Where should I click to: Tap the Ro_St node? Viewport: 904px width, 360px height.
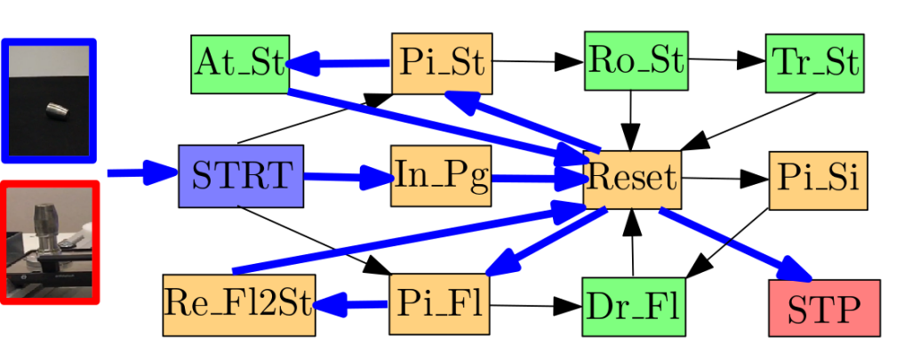[x=635, y=60]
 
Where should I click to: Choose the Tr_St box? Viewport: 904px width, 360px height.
[x=814, y=63]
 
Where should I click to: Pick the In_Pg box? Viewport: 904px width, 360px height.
[x=442, y=176]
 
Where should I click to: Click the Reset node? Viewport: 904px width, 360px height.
[x=632, y=179]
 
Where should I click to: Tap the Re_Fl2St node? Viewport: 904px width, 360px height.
[x=239, y=305]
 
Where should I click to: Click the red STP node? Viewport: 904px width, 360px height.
[x=823, y=308]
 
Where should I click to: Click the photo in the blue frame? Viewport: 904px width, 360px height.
[x=49, y=100]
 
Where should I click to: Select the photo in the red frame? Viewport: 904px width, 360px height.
[x=49, y=243]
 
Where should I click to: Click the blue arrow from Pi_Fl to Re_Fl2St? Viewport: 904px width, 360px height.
[x=352, y=305]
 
